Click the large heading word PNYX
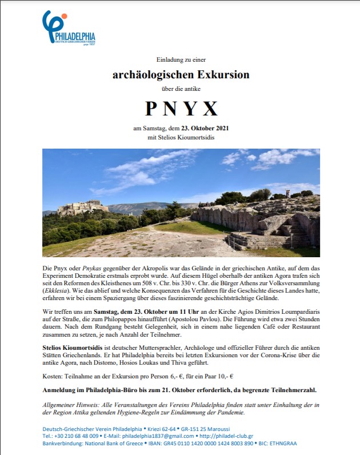click(180, 109)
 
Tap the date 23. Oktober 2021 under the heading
click(199, 127)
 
